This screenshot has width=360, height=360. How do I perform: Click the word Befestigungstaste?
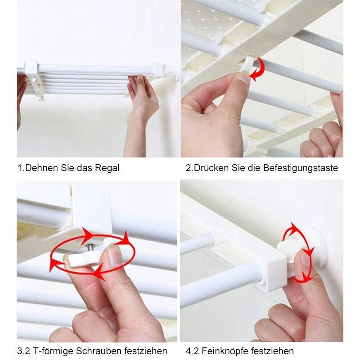tap(301, 168)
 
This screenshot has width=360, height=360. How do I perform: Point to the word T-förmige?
tap(53, 351)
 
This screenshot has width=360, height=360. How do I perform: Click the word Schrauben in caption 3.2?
tap(99, 351)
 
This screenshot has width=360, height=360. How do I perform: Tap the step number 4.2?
tap(192, 351)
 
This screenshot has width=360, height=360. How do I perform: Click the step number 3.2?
tap(23, 351)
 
